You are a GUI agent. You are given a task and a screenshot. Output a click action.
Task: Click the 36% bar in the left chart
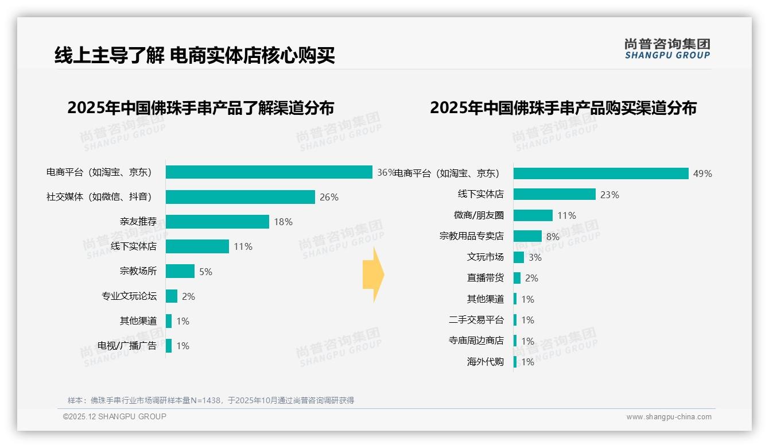(x=269, y=172)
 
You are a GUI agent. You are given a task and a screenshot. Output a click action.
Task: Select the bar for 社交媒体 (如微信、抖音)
(x=240, y=197)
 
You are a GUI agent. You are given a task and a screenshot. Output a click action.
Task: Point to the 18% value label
(x=283, y=222)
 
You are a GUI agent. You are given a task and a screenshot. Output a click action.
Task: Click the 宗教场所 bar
(x=180, y=271)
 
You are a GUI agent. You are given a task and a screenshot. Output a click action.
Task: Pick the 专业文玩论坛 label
(x=129, y=296)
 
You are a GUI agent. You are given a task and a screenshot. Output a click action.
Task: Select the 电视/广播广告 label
(x=126, y=346)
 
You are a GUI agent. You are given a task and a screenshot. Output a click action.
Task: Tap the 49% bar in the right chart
(x=601, y=173)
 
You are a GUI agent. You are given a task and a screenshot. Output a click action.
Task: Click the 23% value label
(x=609, y=195)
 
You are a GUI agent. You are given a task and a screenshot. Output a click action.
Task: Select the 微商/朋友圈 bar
(x=533, y=215)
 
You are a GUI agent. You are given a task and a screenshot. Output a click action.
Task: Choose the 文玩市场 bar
(x=519, y=257)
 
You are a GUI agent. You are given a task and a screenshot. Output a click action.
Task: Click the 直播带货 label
(x=485, y=278)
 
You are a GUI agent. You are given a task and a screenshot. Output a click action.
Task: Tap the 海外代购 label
(x=485, y=362)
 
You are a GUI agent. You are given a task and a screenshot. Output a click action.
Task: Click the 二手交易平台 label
(x=476, y=320)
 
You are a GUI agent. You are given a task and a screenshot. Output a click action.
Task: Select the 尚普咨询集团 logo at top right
(x=667, y=49)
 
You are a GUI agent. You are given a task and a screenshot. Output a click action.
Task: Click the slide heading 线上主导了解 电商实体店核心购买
(x=195, y=56)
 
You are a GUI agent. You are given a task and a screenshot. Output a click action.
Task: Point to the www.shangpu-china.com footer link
(x=669, y=417)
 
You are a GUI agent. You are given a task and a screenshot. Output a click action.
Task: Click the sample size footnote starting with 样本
(x=211, y=400)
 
